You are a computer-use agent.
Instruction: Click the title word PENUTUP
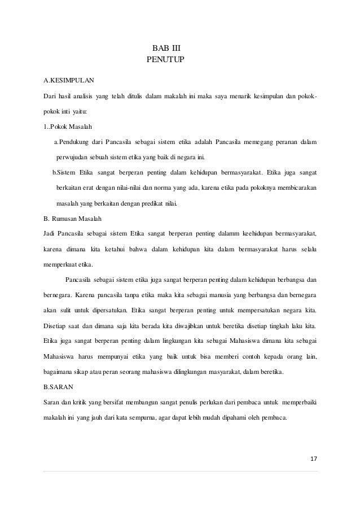pyautogui.click(x=165, y=59)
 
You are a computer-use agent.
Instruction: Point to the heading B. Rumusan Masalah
pyautogui.click(x=74, y=217)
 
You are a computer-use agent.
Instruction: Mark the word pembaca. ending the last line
pyautogui.click(x=273, y=419)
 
